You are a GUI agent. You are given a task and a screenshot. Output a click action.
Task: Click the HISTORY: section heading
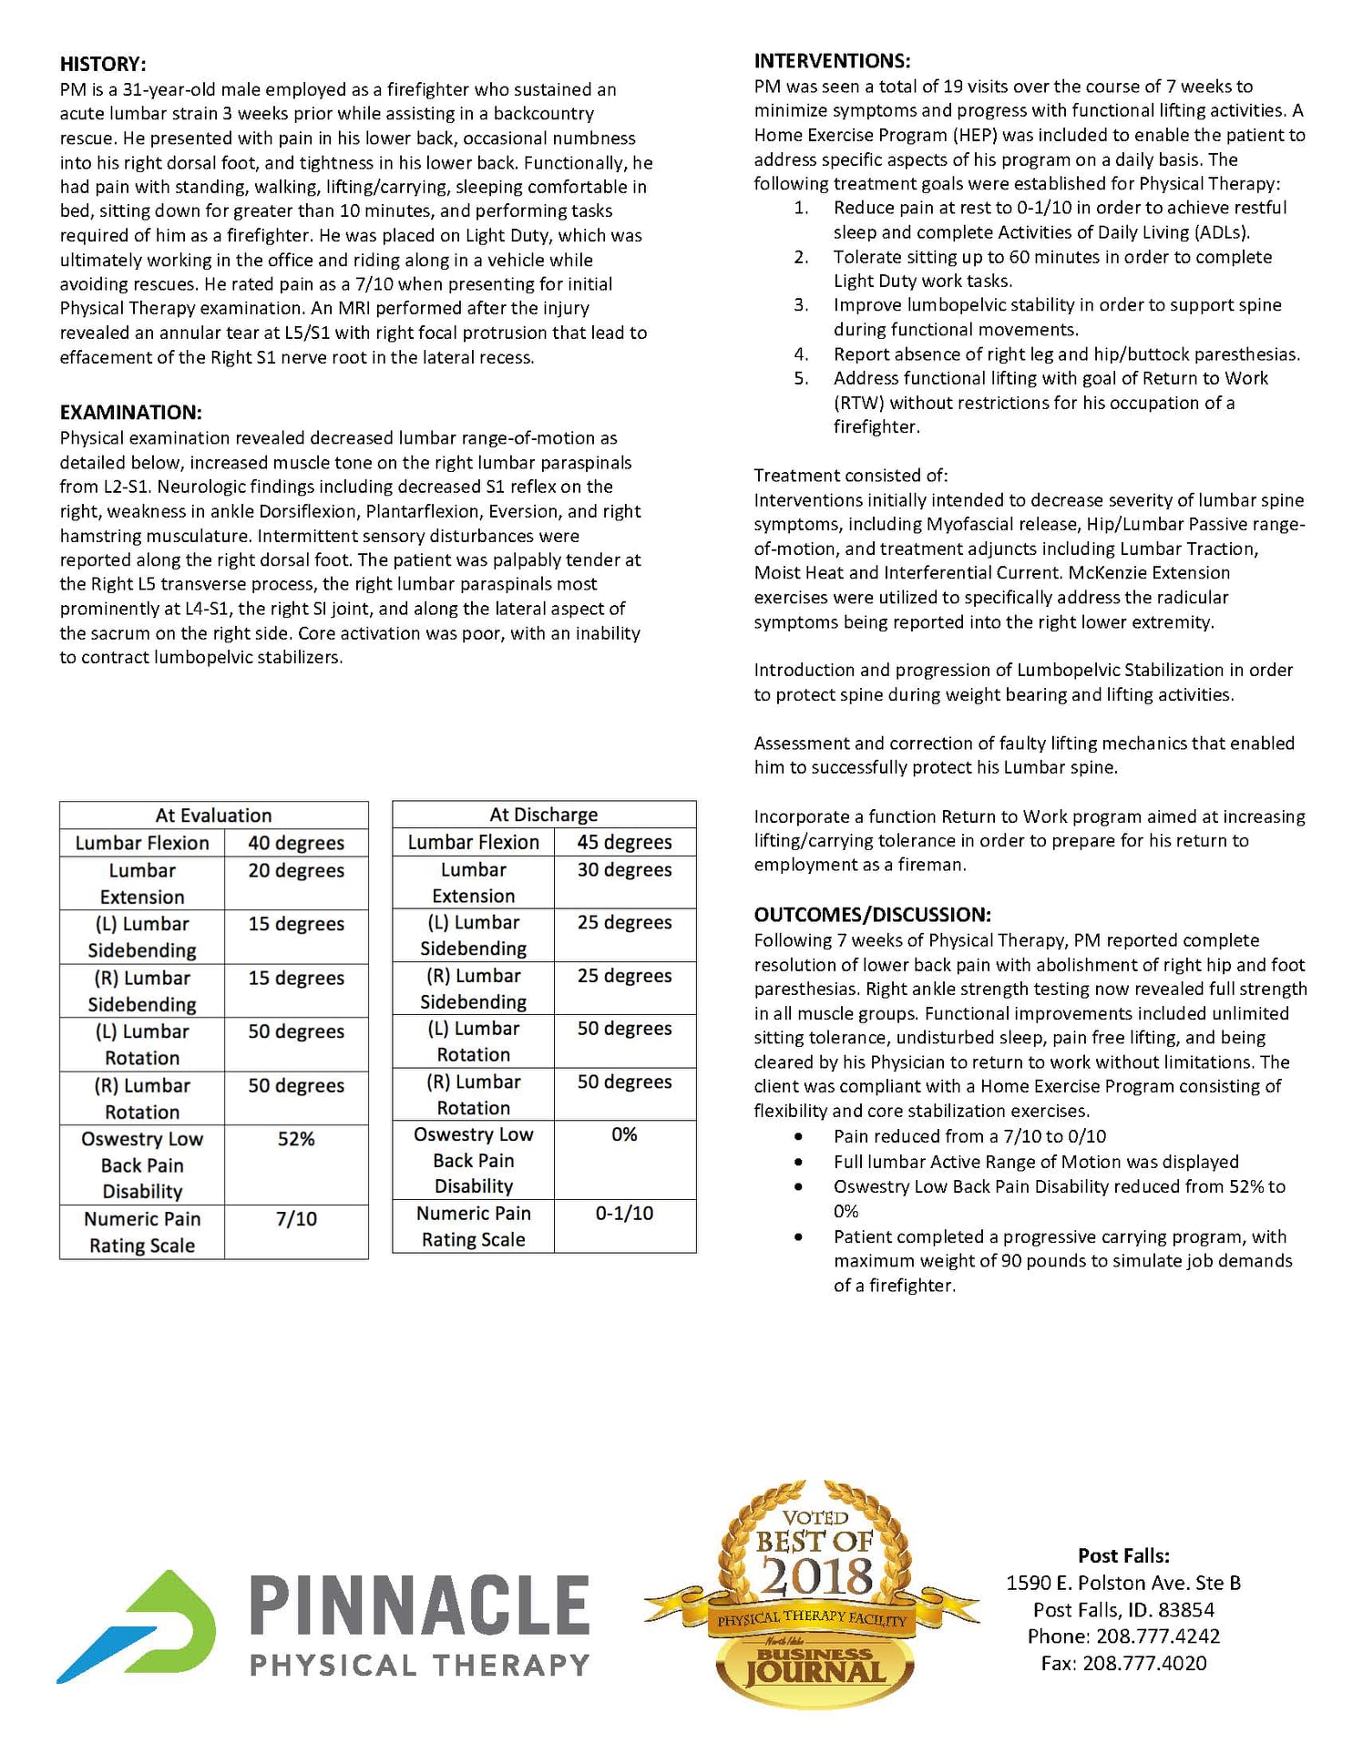(103, 64)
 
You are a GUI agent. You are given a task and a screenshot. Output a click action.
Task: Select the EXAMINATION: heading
(131, 412)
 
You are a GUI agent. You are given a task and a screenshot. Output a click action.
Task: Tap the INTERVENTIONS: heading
(832, 61)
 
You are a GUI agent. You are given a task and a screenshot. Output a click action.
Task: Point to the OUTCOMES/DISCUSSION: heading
(872, 914)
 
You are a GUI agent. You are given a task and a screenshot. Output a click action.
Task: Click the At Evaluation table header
(213, 815)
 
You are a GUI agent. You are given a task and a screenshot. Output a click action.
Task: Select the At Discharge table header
(544, 815)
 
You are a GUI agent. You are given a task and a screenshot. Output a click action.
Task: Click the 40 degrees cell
(296, 843)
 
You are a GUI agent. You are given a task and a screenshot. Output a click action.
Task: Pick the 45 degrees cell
(624, 842)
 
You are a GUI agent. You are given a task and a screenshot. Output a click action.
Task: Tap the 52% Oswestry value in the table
(296, 1139)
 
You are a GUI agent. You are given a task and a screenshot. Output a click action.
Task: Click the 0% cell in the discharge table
(624, 1134)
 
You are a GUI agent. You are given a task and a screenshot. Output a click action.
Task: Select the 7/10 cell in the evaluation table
(296, 1219)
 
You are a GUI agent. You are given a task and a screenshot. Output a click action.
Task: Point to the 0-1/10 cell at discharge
(624, 1214)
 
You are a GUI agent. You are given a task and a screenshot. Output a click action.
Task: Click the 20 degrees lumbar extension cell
(296, 870)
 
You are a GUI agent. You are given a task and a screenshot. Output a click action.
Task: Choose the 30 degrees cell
(624, 869)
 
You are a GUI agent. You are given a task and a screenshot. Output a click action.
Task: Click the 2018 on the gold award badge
(816, 1576)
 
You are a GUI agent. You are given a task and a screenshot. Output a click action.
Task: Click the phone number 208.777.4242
(1157, 1636)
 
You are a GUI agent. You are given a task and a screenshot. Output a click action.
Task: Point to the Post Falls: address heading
(1123, 1555)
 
